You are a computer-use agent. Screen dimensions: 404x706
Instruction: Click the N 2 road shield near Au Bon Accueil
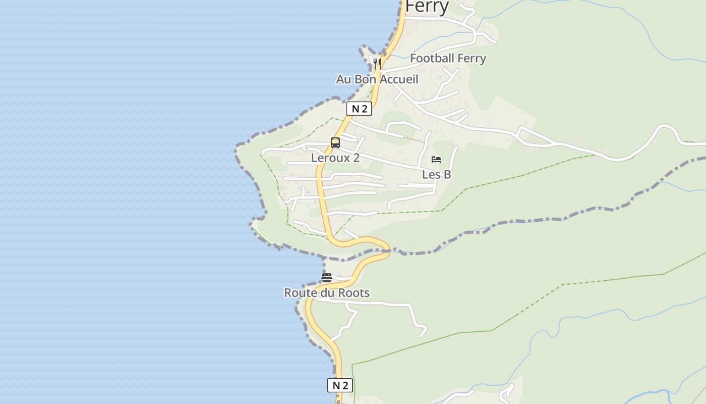[x=359, y=109]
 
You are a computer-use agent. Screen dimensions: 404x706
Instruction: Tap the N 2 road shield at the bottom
[x=340, y=385]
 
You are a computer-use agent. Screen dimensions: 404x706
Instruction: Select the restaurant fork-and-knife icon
[x=377, y=64]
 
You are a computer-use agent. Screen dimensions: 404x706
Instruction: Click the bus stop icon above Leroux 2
[x=335, y=143]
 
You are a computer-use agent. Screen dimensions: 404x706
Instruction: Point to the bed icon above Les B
[x=436, y=160]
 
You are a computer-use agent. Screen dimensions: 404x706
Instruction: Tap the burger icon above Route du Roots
[x=327, y=278]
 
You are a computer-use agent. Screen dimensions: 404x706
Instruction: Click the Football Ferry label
[x=448, y=59]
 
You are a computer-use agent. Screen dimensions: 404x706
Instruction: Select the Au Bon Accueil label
[x=377, y=79]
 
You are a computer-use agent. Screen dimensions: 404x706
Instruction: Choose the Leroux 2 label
[x=335, y=158]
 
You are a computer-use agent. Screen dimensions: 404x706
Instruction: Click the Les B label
[x=436, y=175]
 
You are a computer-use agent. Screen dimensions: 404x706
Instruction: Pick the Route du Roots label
[x=327, y=293]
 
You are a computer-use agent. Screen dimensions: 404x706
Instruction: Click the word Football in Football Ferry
[x=432, y=59]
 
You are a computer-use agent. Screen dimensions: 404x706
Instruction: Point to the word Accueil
[x=399, y=79]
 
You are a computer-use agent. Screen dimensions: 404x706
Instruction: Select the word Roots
[x=354, y=293]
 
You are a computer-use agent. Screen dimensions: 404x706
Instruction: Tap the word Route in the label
[x=300, y=293]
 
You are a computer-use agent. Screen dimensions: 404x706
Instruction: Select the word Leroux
[x=330, y=158]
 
